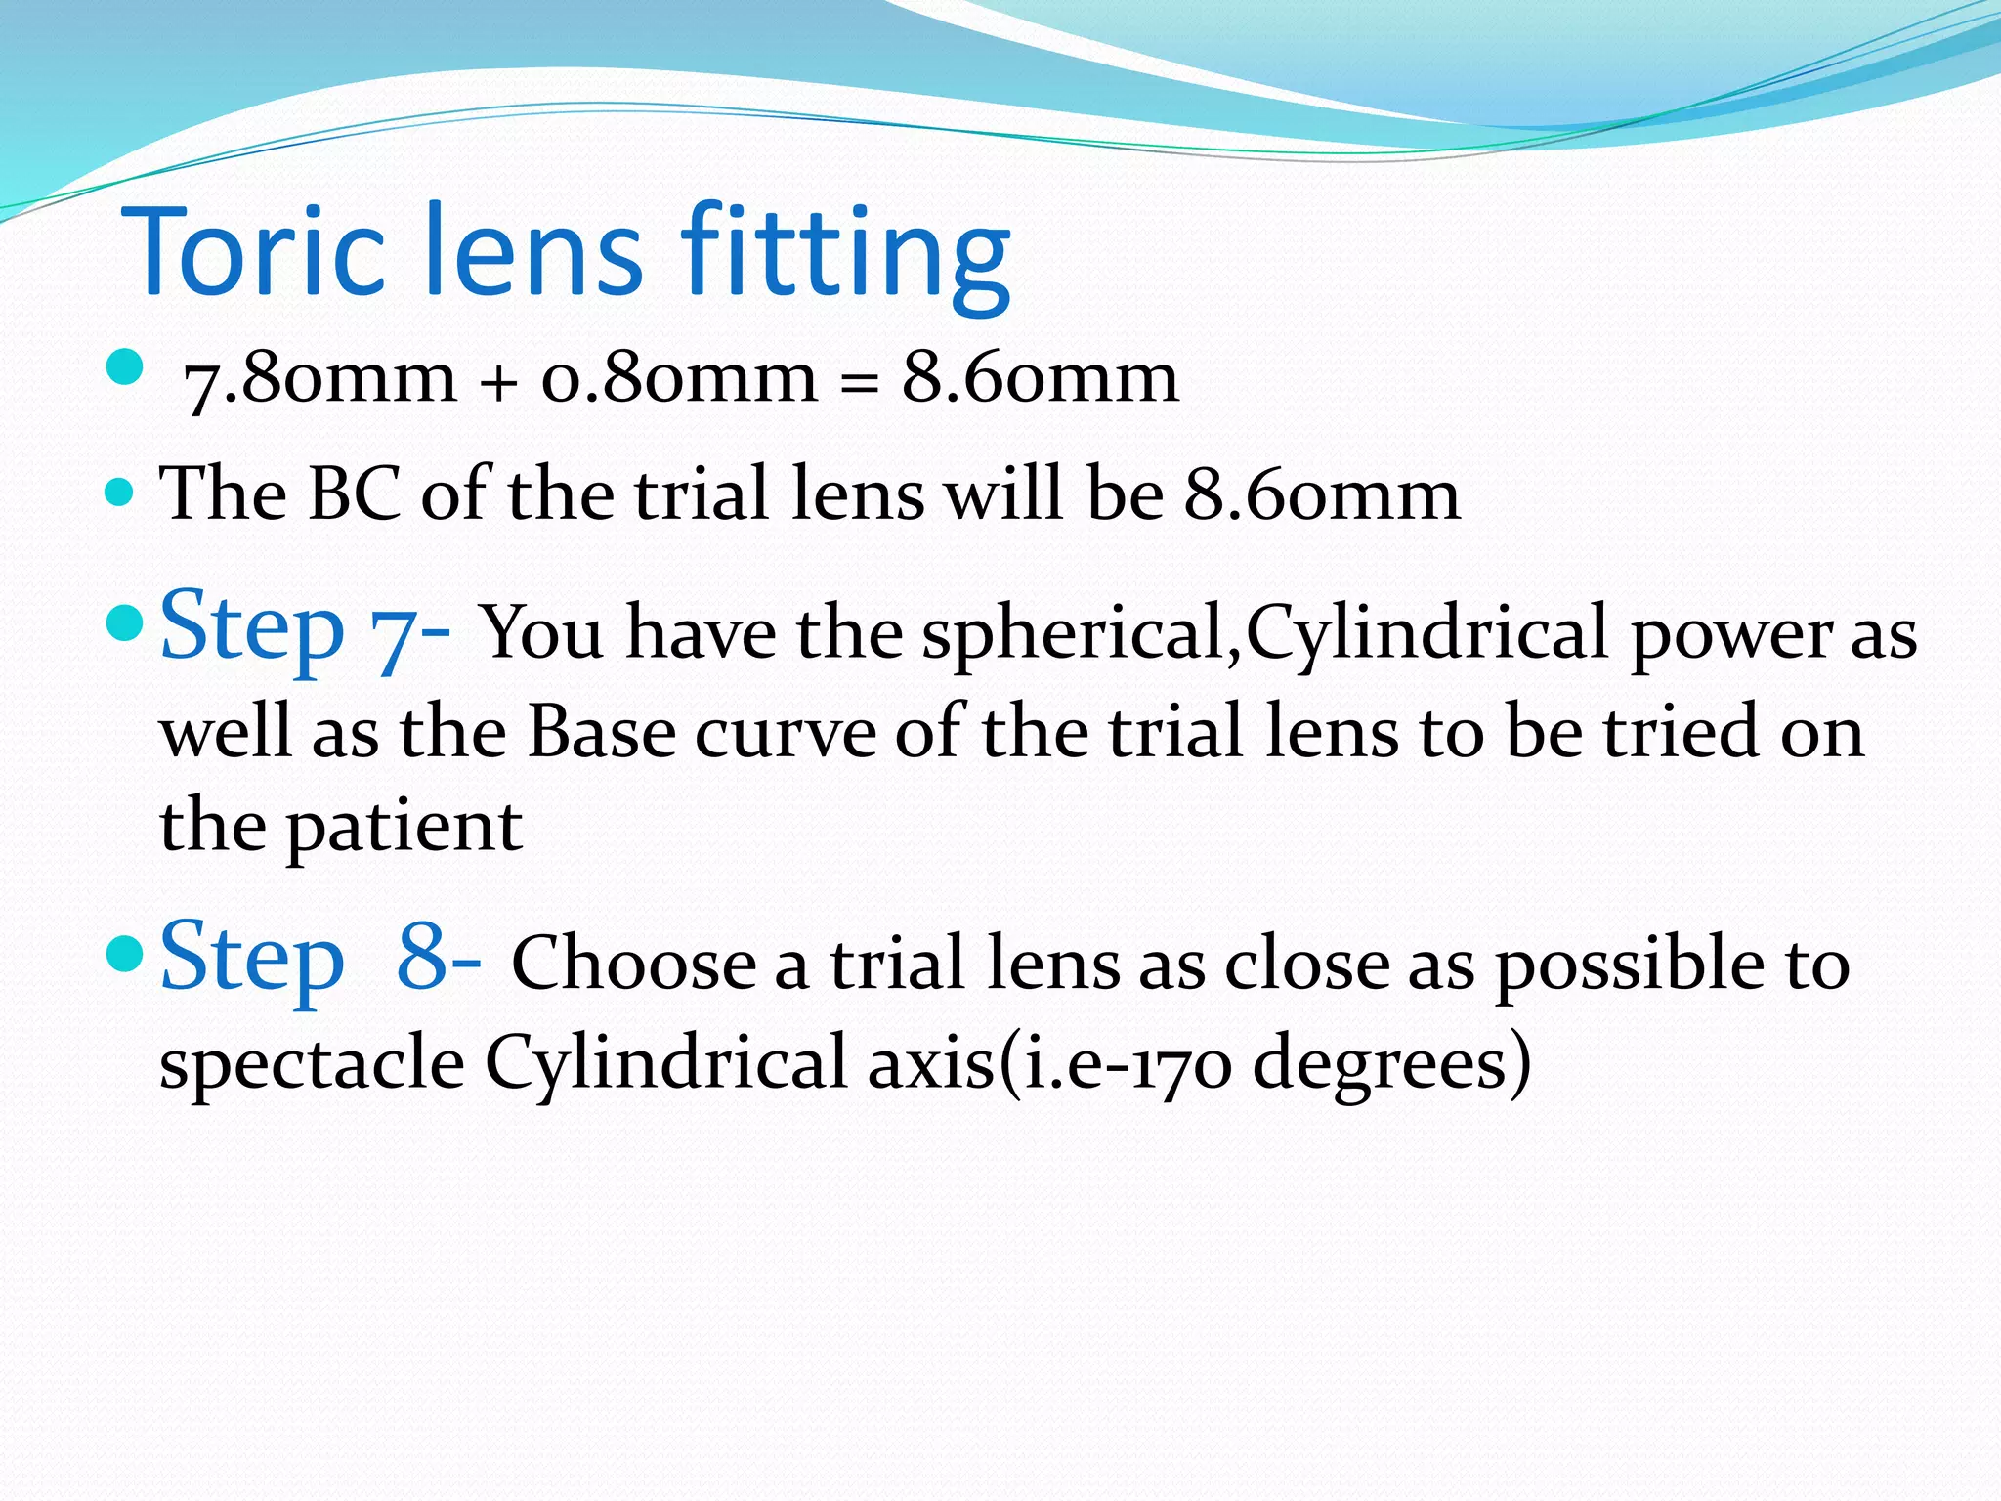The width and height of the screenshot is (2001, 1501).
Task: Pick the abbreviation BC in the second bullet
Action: point(354,494)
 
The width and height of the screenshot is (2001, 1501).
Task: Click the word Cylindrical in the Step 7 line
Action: point(1427,633)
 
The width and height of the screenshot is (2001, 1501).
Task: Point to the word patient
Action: point(404,827)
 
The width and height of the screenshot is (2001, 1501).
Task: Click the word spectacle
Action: point(312,1063)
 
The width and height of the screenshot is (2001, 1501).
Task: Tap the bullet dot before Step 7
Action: point(123,622)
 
